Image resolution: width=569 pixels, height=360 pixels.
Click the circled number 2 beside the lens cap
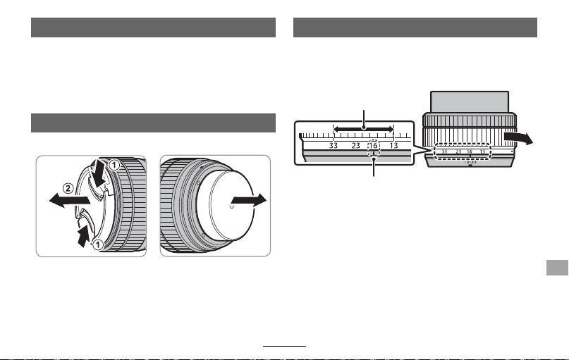point(68,188)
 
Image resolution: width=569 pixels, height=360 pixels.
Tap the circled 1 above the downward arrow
point(114,166)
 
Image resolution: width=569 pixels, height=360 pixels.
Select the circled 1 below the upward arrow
point(97,244)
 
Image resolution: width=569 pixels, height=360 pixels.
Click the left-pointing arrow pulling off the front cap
point(70,201)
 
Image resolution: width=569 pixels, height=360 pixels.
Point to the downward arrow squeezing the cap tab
point(98,173)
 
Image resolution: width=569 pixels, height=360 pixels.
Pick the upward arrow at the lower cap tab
point(84,235)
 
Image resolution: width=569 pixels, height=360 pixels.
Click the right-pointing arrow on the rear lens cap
point(249,200)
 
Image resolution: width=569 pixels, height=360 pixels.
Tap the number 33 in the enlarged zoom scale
point(333,145)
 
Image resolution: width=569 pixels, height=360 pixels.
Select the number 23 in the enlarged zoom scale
point(355,145)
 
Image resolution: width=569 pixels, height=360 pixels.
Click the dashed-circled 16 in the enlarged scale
point(374,145)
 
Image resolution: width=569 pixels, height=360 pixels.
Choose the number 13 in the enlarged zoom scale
point(393,145)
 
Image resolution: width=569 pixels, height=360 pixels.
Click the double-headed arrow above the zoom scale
point(363,129)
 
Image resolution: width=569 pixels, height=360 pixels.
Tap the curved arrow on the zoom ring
point(518,138)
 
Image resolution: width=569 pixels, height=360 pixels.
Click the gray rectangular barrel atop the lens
point(470,102)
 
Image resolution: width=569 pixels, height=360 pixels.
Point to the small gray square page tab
point(557,268)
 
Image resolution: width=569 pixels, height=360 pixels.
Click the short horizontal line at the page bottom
point(285,346)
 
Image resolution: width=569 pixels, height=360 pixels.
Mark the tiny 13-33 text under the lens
point(470,162)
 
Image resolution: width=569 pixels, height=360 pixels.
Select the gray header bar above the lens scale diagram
point(415,27)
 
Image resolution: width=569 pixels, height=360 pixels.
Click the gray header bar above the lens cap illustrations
point(153,123)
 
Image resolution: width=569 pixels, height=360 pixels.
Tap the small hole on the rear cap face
point(232,206)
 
